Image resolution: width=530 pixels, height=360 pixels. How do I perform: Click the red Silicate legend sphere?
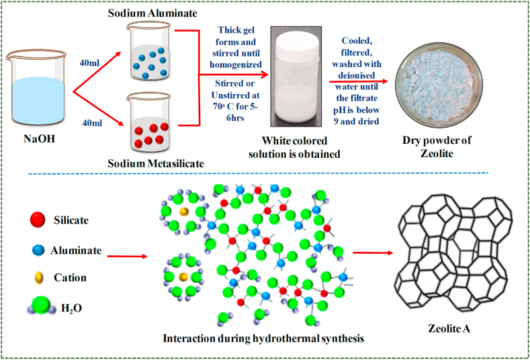(x=38, y=220)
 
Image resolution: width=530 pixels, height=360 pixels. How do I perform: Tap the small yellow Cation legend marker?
(x=38, y=277)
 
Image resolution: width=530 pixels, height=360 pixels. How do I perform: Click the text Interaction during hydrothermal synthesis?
(x=264, y=337)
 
